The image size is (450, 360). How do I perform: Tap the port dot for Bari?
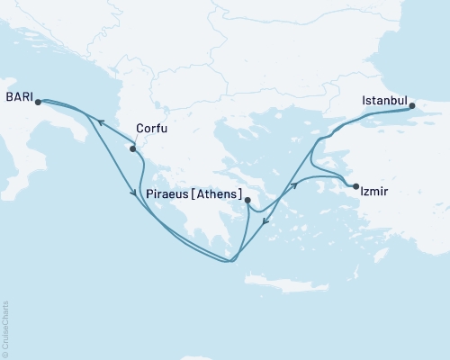tap(38, 102)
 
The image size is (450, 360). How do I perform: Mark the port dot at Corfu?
tap(133, 149)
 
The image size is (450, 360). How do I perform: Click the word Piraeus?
tap(170, 193)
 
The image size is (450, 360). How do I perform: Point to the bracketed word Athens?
tap(220, 193)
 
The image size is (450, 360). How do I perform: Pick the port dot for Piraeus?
tap(247, 201)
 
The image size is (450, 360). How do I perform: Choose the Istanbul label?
tap(384, 100)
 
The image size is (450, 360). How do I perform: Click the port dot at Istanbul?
tap(413, 106)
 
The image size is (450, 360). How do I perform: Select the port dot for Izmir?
tap(356, 186)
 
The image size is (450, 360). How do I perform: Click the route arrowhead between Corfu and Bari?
tap(101, 122)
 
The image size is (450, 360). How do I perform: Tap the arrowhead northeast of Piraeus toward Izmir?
tap(292, 188)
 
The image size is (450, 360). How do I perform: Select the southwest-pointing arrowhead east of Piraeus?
tap(266, 237)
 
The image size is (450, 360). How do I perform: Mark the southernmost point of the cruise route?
tap(230, 262)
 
